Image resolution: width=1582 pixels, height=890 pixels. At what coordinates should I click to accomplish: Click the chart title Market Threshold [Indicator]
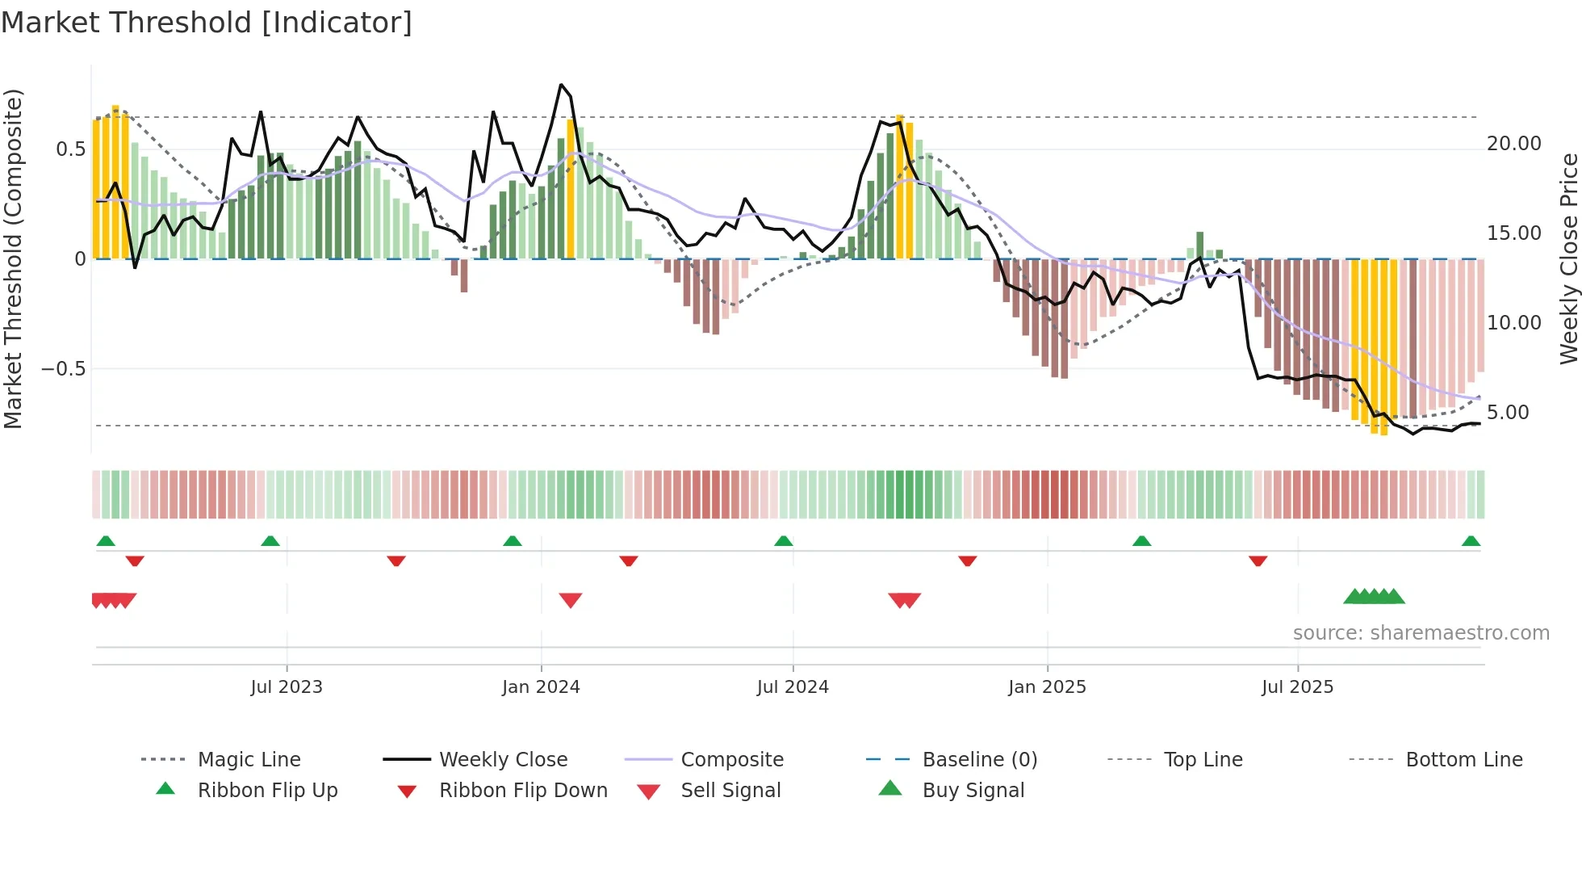tap(207, 23)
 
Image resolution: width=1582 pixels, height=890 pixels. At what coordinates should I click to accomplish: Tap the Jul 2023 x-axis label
tap(286, 686)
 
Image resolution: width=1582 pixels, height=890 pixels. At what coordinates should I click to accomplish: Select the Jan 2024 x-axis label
tap(541, 686)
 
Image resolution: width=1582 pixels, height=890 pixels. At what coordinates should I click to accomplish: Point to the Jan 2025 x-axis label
tap(1047, 686)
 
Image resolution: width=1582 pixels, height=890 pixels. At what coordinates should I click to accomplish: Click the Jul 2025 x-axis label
tap(1297, 686)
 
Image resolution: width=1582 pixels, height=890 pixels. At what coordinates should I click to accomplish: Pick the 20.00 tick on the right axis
tap(1513, 144)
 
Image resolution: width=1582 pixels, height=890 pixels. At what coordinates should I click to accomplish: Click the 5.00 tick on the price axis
tap(1507, 413)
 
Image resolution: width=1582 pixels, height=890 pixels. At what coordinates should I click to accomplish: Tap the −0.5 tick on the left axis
tap(63, 369)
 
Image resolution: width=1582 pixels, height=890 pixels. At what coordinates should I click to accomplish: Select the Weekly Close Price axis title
tap(1568, 258)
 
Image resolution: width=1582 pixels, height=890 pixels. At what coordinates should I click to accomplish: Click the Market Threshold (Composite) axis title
tap(13, 258)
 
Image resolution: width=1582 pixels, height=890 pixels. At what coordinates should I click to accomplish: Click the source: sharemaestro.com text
tap(1421, 632)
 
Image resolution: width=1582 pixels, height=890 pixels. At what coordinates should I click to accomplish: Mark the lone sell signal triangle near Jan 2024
tap(571, 600)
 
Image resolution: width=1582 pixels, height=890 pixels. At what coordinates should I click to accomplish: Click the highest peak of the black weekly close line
tap(561, 84)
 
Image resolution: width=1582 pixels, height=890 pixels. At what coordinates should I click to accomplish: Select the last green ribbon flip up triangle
tap(1471, 541)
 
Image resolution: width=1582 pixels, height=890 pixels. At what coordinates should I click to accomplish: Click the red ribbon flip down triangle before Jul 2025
tap(1258, 560)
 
